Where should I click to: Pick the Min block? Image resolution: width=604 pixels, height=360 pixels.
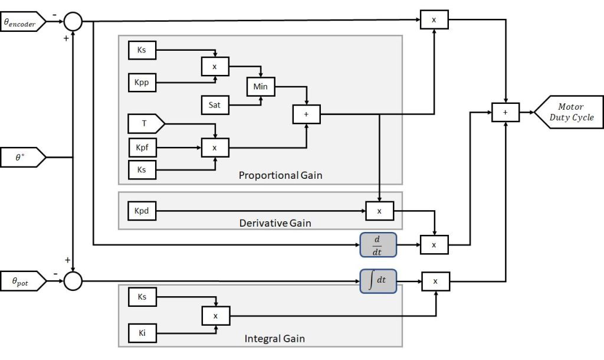pyautogui.click(x=260, y=87)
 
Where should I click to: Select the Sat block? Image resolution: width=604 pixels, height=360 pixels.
pyautogui.click(x=215, y=105)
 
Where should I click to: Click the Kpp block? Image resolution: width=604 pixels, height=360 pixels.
pyautogui.click(x=142, y=83)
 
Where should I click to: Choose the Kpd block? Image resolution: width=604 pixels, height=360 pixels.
pyautogui.click(x=142, y=211)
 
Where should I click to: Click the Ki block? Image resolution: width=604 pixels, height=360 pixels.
pyautogui.click(x=142, y=333)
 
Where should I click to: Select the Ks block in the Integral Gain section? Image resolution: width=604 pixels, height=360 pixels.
pyautogui.click(x=142, y=297)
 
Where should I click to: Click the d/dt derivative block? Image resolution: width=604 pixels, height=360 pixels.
pyautogui.click(x=378, y=244)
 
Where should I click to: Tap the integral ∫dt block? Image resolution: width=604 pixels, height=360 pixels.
pyautogui.click(x=378, y=281)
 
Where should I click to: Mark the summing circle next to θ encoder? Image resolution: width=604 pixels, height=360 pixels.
pyautogui.click(x=73, y=22)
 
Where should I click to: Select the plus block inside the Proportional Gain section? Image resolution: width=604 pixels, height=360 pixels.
pyautogui.click(x=306, y=114)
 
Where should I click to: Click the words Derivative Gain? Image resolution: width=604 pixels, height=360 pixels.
pyautogui.click(x=275, y=223)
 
